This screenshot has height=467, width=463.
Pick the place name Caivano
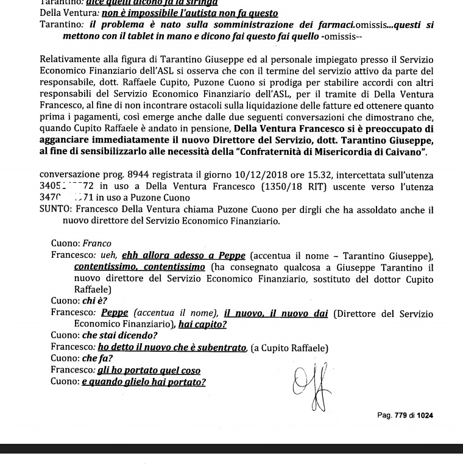pos(403,152)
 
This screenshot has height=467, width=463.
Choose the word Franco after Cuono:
pos(97,244)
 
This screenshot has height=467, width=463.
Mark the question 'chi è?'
pos(94,301)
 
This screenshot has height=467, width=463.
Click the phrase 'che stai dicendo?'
pos(119,336)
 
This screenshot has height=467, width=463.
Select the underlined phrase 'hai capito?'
pos(202,324)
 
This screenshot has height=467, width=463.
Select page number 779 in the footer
pos(400,416)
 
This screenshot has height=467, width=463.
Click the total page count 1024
pos(425,416)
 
